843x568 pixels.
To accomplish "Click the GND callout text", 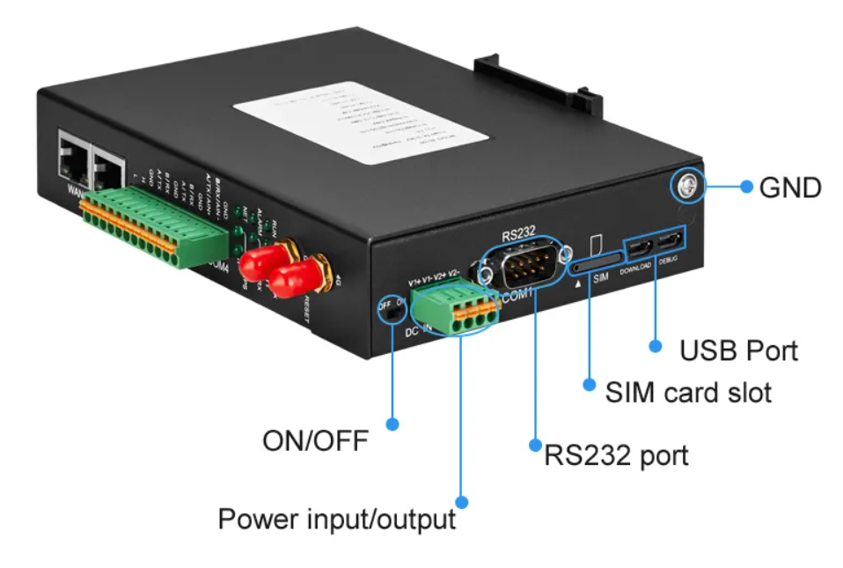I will [789, 187].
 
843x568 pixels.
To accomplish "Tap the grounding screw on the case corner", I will [685, 184].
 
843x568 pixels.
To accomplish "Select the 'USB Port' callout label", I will [738, 350].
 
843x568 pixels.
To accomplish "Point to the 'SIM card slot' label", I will [688, 391].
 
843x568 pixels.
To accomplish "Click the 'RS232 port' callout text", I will [616, 455].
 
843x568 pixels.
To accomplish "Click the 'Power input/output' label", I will [336, 519].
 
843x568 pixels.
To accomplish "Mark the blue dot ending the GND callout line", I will [746, 187].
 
